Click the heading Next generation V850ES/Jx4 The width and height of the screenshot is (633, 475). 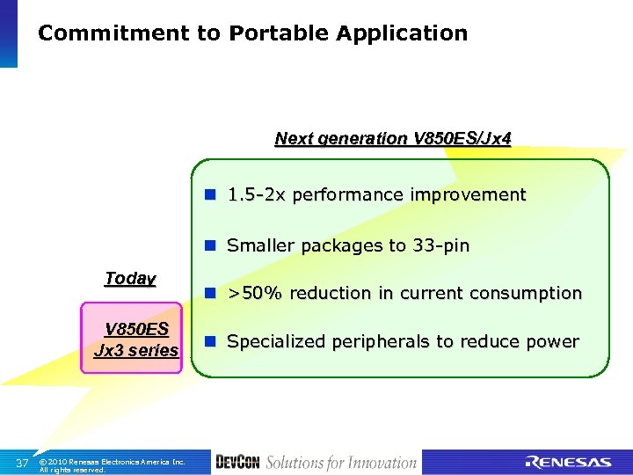[x=392, y=138]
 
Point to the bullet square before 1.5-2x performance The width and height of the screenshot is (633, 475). [x=211, y=194]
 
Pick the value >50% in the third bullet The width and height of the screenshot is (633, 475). [x=258, y=293]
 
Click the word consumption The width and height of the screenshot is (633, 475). [x=525, y=293]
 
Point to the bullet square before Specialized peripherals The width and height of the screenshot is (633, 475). [x=211, y=341]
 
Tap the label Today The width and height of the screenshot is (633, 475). [x=130, y=279]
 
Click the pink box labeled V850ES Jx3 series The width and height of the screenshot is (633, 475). [x=135, y=339]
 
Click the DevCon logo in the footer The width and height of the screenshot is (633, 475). [x=236, y=462]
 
